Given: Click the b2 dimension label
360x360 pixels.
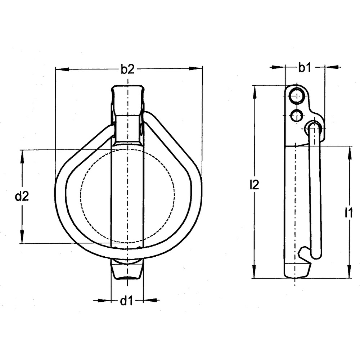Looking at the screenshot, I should point(127,69).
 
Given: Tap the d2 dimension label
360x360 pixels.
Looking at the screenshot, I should point(22,197).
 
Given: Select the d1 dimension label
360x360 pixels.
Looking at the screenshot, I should point(126,301).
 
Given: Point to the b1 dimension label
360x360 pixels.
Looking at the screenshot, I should point(305,67).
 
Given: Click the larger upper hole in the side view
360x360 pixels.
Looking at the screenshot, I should point(297,95).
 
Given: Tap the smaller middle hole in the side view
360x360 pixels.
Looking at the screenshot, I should point(297,116).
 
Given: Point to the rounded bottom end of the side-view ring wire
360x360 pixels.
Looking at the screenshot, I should point(316,256).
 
